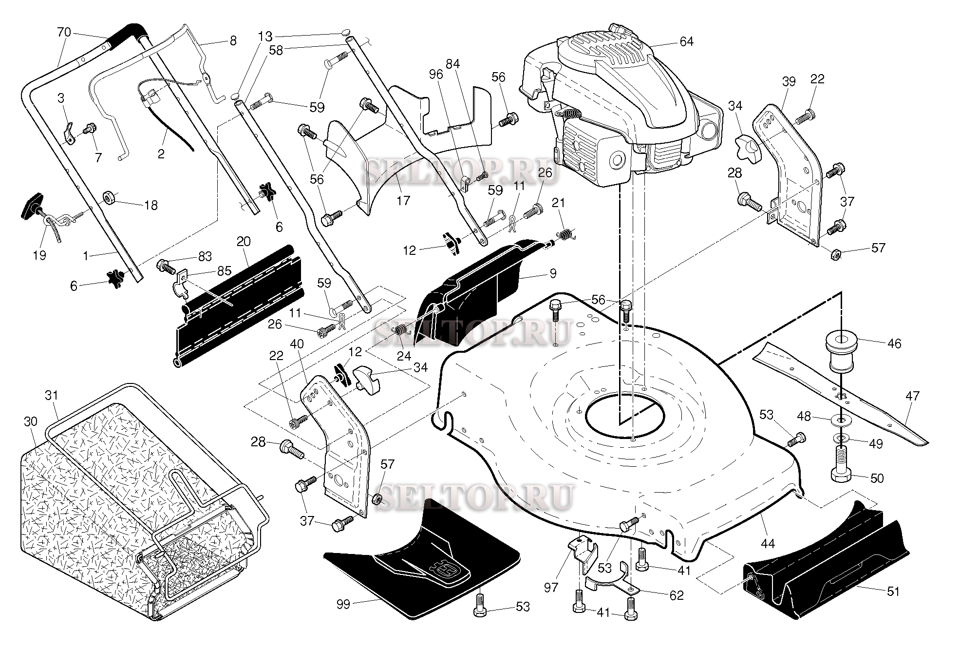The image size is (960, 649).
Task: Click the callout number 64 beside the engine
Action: click(x=686, y=42)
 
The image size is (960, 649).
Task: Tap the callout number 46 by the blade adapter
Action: click(x=894, y=344)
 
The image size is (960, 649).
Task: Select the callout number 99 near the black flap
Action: click(x=343, y=605)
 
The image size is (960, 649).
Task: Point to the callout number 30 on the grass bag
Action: click(x=30, y=421)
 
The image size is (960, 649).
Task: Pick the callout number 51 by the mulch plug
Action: click(x=894, y=592)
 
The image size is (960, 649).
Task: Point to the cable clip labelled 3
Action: click(x=69, y=132)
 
